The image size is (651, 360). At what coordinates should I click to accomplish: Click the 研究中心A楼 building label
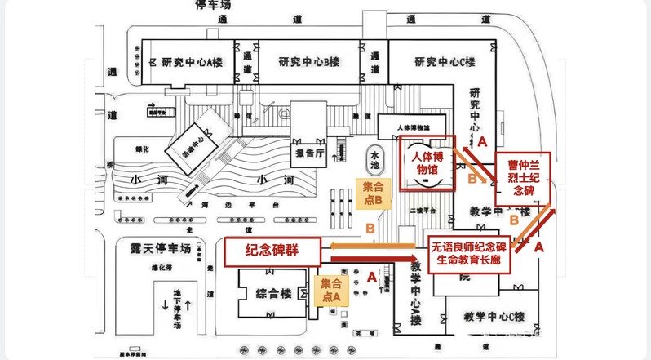pyautogui.click(x=193, y=61)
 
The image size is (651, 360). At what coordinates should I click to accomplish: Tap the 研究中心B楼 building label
pyautogui.click(x=308, y=61)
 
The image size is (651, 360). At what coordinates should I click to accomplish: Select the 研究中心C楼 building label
pyautogui.click(x=445, y=61)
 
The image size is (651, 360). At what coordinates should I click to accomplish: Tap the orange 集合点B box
pyautogui.click(x=377, y=193)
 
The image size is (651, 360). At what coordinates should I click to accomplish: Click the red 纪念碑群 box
pyautogui.click(x=272, y=253)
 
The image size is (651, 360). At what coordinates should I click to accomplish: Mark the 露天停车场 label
pyautogui.click(x=155, y=246)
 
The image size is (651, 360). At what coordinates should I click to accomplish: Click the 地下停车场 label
pyautogui.click(x=176, y=305)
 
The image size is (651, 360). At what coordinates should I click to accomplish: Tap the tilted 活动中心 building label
pyautogui.click(x=186, y=148)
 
